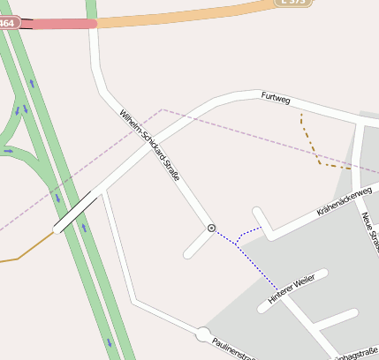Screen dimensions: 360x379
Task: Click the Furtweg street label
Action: pos(276,99)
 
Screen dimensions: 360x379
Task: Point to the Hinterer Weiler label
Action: pos(292,290)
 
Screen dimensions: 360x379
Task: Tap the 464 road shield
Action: pos(8,22)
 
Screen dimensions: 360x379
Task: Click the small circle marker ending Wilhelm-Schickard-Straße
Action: pos(211,228)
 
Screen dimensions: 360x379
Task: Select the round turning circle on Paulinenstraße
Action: pos(203,334)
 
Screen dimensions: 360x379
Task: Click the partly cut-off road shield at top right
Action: pos(293,3)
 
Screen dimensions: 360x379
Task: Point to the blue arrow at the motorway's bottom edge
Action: pos(110,342)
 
